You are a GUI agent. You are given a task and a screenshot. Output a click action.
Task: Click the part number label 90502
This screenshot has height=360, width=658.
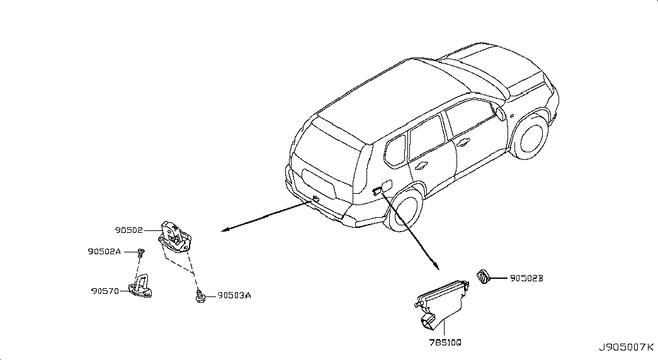[129, 230]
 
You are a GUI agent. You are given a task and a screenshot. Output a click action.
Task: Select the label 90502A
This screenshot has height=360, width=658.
[104, 251]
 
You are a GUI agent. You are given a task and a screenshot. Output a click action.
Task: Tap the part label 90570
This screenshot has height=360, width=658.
[105, 291]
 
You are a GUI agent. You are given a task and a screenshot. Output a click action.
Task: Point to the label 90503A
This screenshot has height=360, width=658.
[234, 295]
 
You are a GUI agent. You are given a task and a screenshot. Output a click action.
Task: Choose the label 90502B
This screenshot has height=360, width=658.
[526, 278]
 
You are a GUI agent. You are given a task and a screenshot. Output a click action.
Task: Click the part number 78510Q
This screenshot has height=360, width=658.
[445, 342]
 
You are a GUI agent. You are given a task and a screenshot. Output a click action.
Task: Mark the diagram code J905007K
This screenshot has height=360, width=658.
[626, 347]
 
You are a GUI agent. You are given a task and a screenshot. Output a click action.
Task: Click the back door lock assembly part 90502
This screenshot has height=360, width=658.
[175, 237]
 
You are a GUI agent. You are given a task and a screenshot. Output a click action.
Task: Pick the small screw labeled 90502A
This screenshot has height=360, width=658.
[142, 252]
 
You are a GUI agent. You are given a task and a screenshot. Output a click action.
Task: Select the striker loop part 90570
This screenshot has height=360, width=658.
[140, 286]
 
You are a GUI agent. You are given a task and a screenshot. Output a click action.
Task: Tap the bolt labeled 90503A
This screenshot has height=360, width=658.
[201, 296]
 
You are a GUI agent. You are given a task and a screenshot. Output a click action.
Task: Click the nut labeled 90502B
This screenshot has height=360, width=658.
[484, 277]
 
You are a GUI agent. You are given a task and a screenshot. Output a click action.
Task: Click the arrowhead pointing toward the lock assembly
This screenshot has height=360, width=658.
[225, 230]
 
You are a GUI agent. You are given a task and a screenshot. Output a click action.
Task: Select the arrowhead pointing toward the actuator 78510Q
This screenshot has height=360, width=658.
[436, 266]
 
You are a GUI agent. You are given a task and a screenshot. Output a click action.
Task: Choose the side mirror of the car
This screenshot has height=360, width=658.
[501, 113]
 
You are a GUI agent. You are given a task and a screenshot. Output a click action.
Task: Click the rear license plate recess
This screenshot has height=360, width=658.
[319, 184]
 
